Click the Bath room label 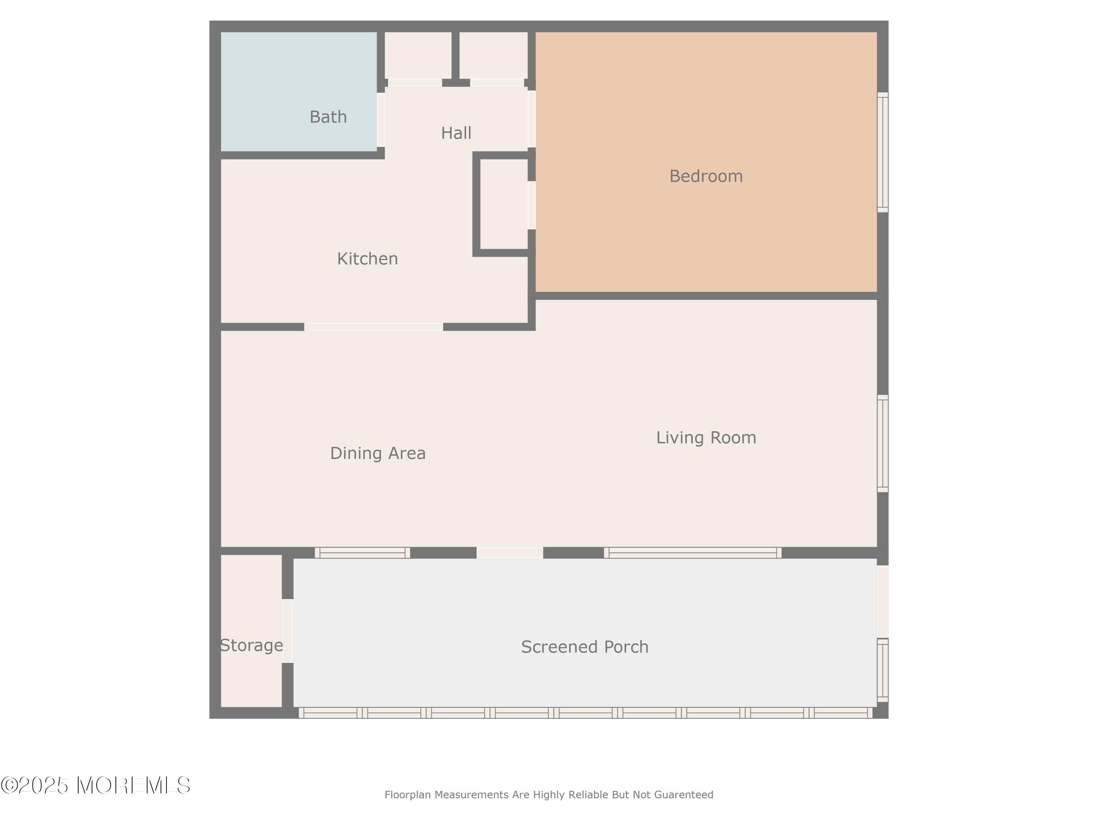pos(328,117)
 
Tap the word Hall pos(456,133)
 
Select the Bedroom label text pos(706,176)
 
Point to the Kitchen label pos(367,259)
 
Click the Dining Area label pos(378,453)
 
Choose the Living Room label pos(706,437)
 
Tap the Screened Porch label pos(585,647)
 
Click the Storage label pos(252,645)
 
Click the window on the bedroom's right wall pos(882,152)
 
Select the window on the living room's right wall pos(882,443)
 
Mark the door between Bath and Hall pos(381,120)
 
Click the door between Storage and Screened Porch pos(288,631)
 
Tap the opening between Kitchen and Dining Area pos(374,327)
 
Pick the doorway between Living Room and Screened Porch pos(510,553)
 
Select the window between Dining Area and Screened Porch pos(362,553)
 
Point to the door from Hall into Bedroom pos(532,119)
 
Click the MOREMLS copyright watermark pos(95,785)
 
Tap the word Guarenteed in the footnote pos(684,795)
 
